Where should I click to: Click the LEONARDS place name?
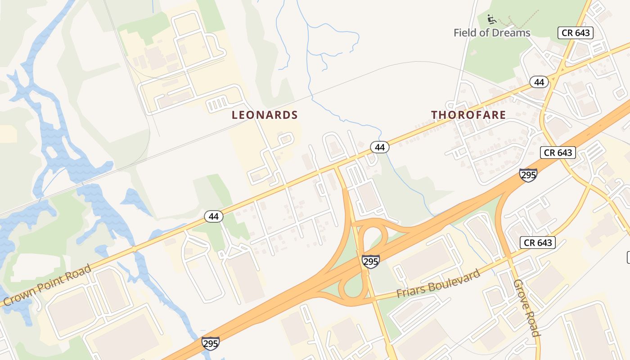[265, 115]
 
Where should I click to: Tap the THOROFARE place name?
[468, 115]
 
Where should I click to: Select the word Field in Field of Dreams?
[465, 33]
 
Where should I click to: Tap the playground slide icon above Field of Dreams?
[492, 19]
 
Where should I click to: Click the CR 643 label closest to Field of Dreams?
[576, 33]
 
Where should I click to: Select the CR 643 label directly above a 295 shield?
[558, 153]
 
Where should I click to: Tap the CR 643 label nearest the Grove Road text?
[538, 243]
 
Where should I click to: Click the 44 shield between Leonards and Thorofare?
[380, 147]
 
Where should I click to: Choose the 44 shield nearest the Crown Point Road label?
[214, 216]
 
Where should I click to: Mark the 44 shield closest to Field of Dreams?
[539, 82]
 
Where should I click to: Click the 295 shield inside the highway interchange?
[370, 261]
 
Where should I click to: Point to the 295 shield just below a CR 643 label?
[528, 175]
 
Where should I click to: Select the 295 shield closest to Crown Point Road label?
[211, 343]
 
